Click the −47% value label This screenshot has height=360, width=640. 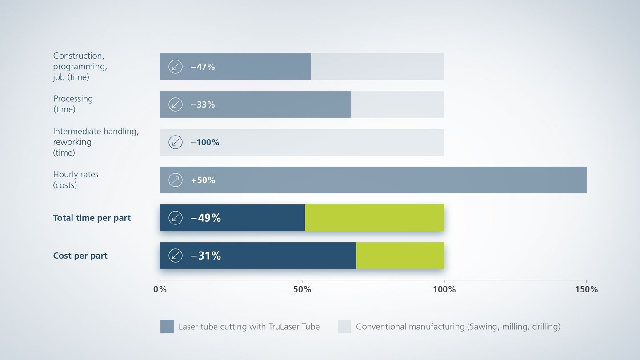tap(203, 67)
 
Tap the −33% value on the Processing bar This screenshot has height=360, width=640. tap(203, 105)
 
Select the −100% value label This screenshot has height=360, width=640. tap(205, 143)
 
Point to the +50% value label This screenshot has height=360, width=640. tap(203, 180)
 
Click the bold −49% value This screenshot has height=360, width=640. tap(206, 218)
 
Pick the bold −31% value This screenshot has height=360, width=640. tap(206, 256)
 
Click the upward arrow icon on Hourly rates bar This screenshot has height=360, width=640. tap(176, 180)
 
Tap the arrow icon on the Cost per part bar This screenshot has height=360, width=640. tap(176, 256)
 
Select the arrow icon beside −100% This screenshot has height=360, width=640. tap(176, 142)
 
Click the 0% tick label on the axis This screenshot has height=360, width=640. tap(160, 290)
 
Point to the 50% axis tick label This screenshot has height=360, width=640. tap(302, 290)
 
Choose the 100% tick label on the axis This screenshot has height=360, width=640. tap(444, 290)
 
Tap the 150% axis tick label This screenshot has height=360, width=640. tap(586, 290)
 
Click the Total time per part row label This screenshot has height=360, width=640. tap(92, 218)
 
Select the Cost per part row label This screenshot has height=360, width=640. tap(80, 256)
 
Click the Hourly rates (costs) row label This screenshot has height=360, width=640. tap(76, 180)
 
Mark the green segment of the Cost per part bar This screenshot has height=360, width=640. tap(400, 256)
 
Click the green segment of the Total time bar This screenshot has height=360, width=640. tap(375, 218)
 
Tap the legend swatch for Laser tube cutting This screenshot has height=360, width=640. tap(167, 327)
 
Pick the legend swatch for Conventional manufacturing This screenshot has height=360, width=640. tap(344, 327)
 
